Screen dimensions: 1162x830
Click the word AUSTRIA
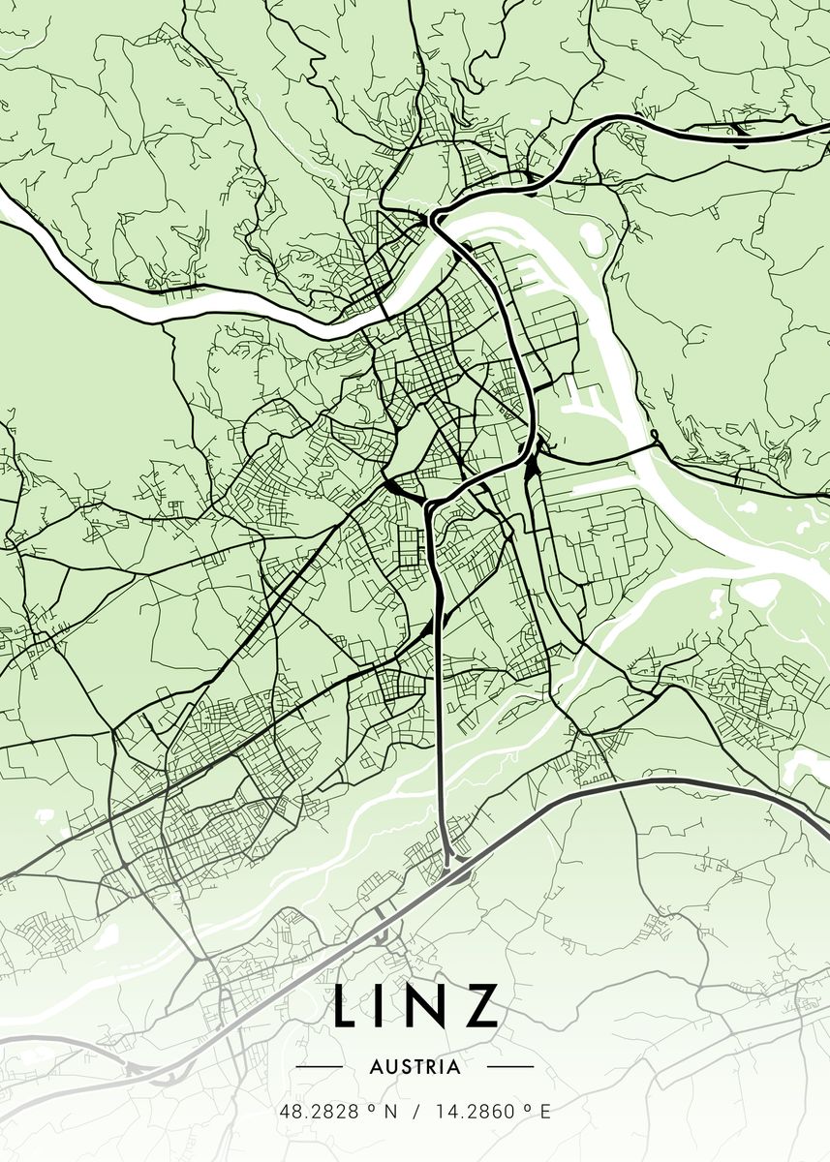point(415,1067)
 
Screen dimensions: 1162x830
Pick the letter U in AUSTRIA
point(387,1067)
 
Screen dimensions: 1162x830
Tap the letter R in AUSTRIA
point(431,1067)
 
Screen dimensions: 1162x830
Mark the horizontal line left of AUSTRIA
point(319,1067)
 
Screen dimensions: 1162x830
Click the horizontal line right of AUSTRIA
point(509,1067)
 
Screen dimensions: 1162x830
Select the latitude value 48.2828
point(315,1113)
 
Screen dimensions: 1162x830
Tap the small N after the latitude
point(390,1113)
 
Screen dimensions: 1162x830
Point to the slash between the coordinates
point(415,1113)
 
